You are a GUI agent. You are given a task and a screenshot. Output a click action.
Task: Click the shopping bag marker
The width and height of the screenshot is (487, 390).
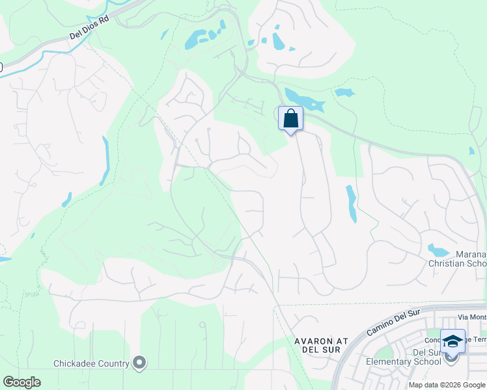point(290,119)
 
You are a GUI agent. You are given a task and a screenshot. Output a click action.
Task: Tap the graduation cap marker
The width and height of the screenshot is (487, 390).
point(452,341)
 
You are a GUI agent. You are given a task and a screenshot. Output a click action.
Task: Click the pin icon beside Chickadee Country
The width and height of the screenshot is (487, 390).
point(139,363)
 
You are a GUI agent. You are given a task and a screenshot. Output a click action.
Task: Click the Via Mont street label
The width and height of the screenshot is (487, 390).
point(472,317)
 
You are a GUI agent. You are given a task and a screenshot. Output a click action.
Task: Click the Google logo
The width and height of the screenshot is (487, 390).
point(21,382)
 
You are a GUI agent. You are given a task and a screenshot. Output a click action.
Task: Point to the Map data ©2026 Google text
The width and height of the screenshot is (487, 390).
point(447,385)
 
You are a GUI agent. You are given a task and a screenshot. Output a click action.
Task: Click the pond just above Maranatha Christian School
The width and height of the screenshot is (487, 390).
point(438,250)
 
